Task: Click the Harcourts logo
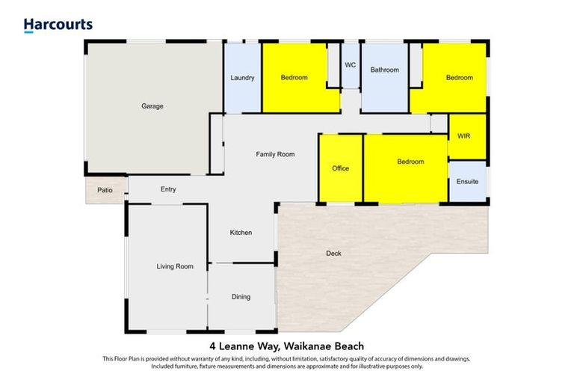[x=58, y=25]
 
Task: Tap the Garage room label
[x=152, y=106]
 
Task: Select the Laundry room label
[x=243, y=78]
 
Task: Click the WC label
[x=350, y=65]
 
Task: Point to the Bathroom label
[x=385, y=70]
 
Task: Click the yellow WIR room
[x=466, y=136]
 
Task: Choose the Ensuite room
[x=467, y=182]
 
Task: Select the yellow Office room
[x=341, y=168]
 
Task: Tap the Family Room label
[x=275, y=155]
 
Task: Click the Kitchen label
[x=241, y=233]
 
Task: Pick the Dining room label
[x=241, y=297]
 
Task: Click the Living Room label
[x=175, y=266]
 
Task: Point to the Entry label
[x=168, y=190]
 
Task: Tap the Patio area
[x=105, y=191]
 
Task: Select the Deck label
[x=333, y=254]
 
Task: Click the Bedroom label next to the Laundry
[x=294, y=78]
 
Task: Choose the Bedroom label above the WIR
[x=460, y=78]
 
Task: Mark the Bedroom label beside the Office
[x=410, y=162]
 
